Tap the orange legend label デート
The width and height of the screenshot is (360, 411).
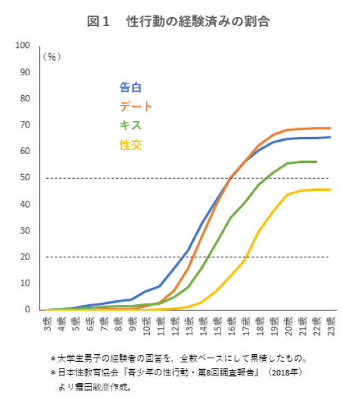(136, 106)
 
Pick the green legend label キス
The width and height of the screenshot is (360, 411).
(130, 125)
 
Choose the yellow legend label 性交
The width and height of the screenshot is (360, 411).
(130, 145)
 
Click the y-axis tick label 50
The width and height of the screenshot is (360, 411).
(26, 177)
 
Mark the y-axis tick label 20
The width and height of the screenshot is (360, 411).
(26, 257)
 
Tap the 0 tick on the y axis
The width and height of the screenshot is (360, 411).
(28, 310)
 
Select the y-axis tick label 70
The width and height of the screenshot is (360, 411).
(26, 125)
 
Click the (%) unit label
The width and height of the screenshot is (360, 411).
(53, 57)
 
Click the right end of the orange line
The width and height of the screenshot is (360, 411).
(331, 128)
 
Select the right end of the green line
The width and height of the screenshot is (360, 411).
(316, 162)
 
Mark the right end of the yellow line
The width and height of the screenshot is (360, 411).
(331, 190)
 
